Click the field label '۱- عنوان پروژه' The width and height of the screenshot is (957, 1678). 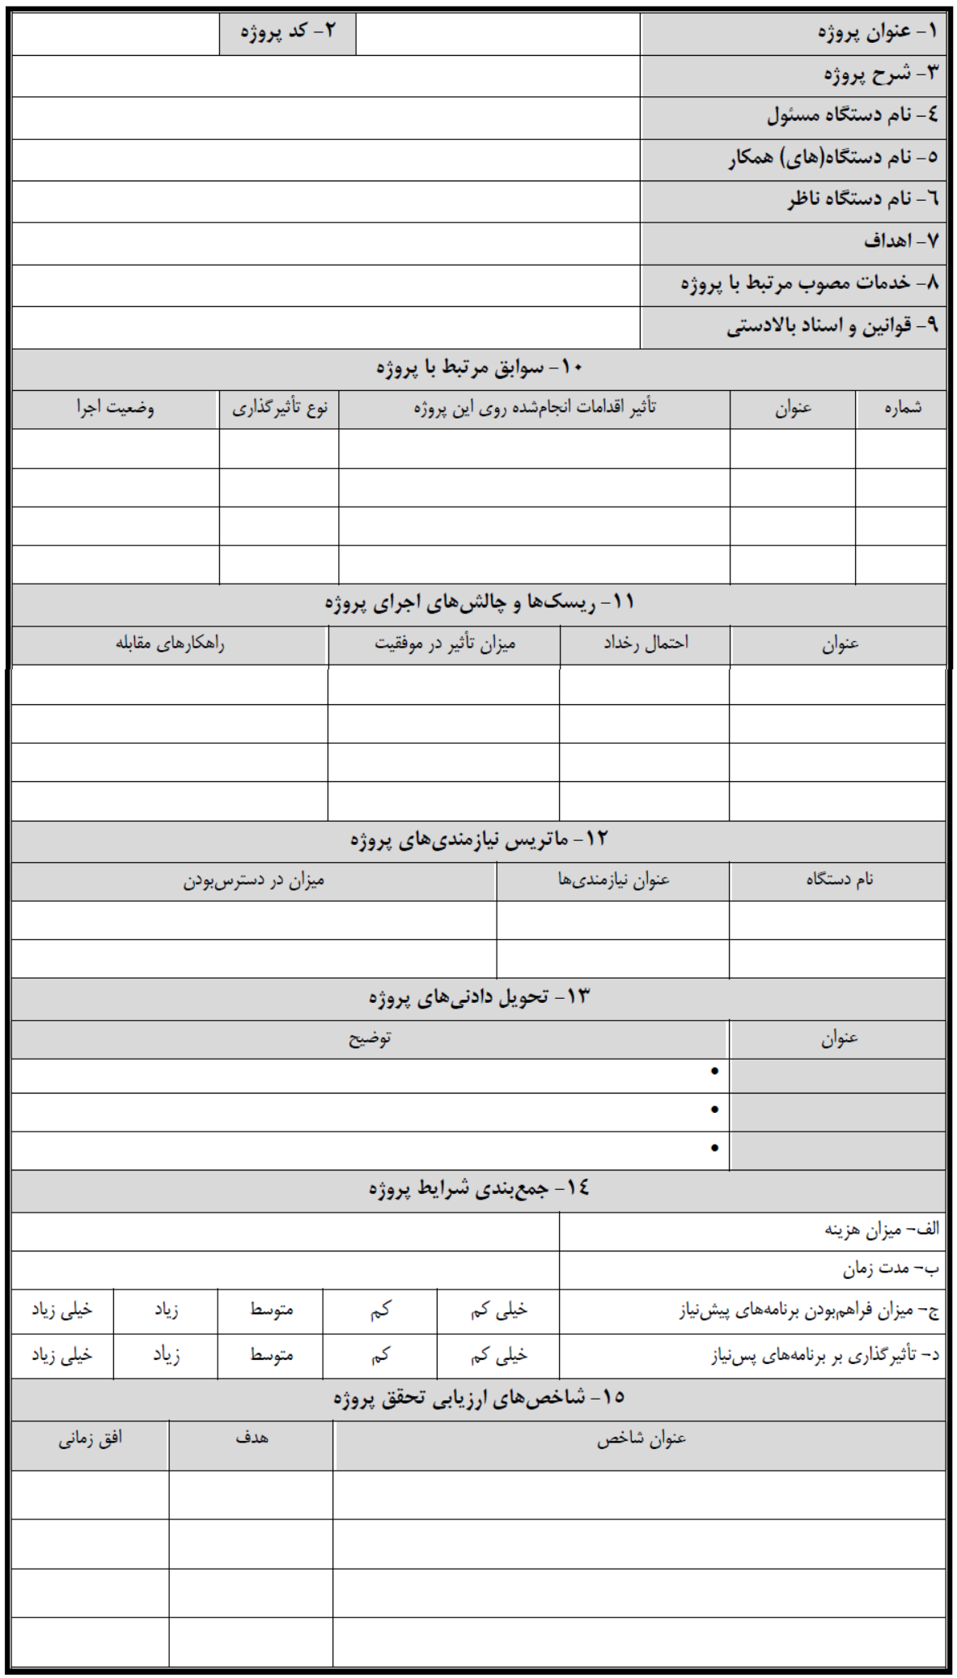click(877, 32)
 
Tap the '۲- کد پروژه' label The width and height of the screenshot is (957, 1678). click(287, 32)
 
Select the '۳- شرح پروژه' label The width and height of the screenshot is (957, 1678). click(881, 74)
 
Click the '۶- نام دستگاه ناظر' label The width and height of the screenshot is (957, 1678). click(862, 199)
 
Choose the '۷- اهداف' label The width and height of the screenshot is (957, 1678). click(900, 241)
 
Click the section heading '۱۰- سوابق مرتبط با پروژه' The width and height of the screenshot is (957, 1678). click(479, 368)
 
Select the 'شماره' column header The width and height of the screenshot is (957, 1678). click(902, 408)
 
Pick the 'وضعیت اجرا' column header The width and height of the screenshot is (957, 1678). click(116, 408)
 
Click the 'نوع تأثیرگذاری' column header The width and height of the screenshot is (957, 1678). click(280, 408)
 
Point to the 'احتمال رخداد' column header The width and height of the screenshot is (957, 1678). click(646, 644)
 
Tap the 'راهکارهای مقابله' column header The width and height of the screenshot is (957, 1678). click(170, 644)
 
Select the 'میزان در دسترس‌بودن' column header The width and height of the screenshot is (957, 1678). click(253, 881)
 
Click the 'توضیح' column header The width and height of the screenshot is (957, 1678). click(370, 1039)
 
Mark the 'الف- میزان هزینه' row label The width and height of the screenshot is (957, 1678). click(882, 1230)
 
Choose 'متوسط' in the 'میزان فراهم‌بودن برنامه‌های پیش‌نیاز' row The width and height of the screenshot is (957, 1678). click(271, 1310)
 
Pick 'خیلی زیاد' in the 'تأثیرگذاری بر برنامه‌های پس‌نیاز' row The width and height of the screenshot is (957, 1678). click(61, 1355)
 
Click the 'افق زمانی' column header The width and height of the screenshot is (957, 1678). click(90, 1439)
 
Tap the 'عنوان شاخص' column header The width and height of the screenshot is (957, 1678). click(641, 1439)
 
